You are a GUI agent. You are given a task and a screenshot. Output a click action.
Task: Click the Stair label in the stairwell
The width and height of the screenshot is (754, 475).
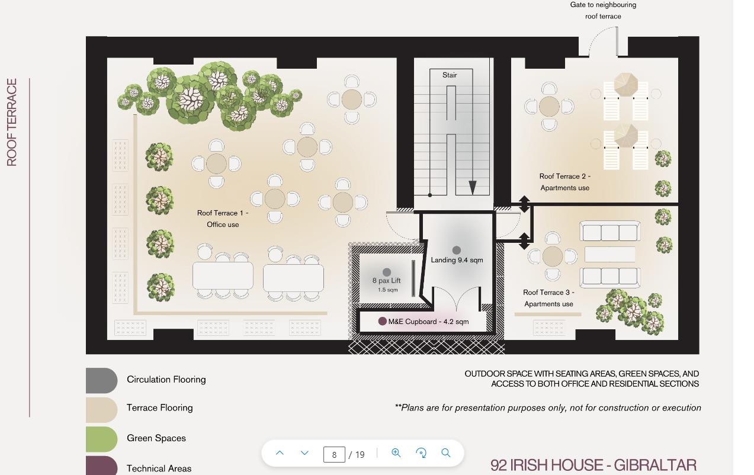pyautogui.click(x=450, y=75)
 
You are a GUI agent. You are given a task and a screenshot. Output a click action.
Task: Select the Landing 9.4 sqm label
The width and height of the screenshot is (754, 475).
pyautogui.click(x=457, y=260)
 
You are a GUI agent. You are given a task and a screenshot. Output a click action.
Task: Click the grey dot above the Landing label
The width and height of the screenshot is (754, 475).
pyautogui.click(x=457, y=250)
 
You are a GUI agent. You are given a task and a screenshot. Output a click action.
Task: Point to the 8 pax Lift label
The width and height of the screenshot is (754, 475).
pyautogui.click(x=386, y=280)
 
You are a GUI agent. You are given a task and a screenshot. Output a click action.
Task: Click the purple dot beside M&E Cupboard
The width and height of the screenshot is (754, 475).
pyautogui.click(x=382, y=321)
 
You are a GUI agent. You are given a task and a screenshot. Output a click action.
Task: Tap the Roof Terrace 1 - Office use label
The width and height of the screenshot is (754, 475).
pyautogui.click(x=223, y=219)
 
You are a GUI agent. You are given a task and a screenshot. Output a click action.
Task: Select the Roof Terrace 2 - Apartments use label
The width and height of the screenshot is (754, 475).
pyautogui.click(x=565, y=182)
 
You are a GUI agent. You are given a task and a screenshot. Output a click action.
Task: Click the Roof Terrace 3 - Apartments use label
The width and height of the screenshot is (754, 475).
pyautogui.click(x=548, y=299)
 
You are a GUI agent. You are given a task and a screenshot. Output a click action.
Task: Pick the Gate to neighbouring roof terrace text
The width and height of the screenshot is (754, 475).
pyautogui.click(x=603, y=11)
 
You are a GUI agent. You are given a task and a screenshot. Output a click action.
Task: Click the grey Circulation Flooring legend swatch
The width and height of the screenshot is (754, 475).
pyautogui.click(x=101, y=380)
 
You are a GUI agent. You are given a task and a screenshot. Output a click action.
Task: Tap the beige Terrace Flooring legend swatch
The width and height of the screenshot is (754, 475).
pyautogui.click(x=101, y=410)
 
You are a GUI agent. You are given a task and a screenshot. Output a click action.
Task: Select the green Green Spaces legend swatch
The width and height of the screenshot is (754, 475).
pyautogui.click(x=101, y=439)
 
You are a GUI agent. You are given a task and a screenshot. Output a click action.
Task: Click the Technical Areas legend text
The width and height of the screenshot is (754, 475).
pyautogui.click(x=159, y=468)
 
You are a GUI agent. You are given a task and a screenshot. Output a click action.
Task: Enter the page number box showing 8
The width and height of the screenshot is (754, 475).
pyautogui.click(x=334, y=454)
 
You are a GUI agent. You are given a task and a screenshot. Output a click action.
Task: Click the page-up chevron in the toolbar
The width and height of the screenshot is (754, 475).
pyautogui.click(x=280, y=452)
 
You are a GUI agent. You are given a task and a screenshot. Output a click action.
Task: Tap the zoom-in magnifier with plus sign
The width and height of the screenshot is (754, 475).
pyautogui.click(x=396, y=452)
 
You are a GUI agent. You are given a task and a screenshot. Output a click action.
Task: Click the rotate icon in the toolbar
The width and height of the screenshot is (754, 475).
pyautogui.click(x=421, y=452)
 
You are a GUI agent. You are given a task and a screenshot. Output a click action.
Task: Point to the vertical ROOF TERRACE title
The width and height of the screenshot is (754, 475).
pyautogui.click(x=12, y=123)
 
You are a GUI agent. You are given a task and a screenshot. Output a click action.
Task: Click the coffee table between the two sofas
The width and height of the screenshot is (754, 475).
pyautogui.click(x=609, y=254)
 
